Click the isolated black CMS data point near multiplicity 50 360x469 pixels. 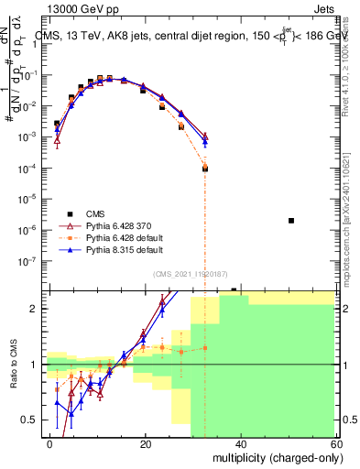pyautogui.click(x=291, y=221)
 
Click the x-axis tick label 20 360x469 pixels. pyautogui.click(x=145, y=442)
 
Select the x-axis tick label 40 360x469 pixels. pyautogui.click(x=240, y=442)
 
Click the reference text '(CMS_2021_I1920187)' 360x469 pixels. pyautogui.click(x=191, y=274)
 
